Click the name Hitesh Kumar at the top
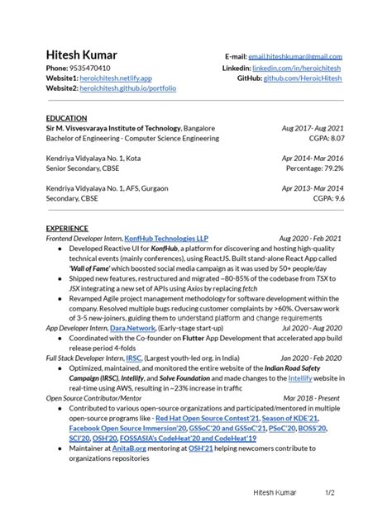[x=83, y=54]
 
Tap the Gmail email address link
[x=296, y=56]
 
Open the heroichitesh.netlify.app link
[x=116, y=77]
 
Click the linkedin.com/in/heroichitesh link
[x=298, y=67]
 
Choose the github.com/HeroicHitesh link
[x=303, y=77]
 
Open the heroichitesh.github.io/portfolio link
[x=128, y=88]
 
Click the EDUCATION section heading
[x=68, y=118]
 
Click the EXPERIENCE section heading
[x=69, y=228]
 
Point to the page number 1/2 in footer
[x=328, y=492]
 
